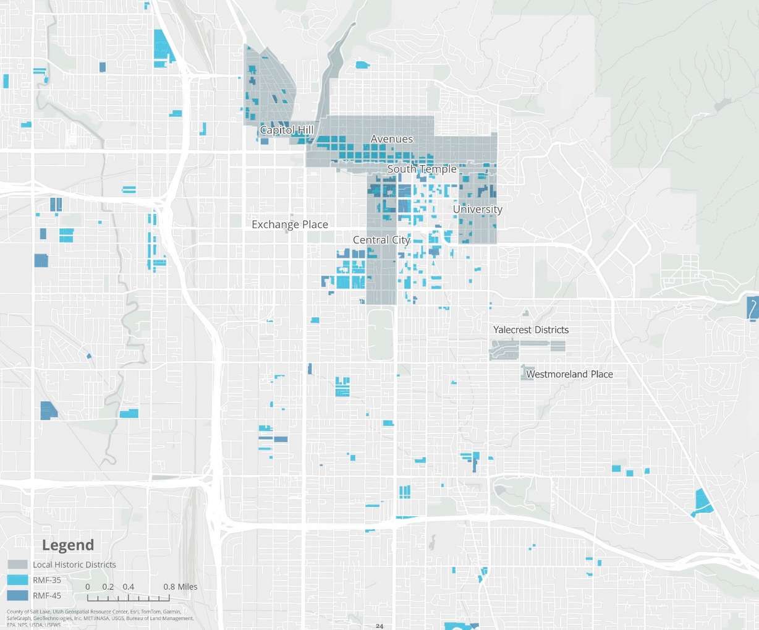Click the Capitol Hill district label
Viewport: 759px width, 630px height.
[286, 130]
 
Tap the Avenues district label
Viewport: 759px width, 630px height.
[391, 139]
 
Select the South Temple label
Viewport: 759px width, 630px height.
[422, 169]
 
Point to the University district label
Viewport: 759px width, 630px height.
[477, 209]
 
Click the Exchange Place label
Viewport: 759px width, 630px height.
[290, 224]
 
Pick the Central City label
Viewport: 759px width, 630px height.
[381, 240]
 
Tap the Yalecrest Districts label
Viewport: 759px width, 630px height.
[530, 330]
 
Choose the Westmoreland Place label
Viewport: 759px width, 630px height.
[569, 374]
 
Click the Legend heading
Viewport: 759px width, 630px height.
[68, 545]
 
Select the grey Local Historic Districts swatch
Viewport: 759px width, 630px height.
[18, 564]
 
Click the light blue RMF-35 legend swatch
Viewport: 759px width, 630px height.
[18, 580]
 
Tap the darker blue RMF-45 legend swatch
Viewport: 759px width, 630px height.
[18, 595]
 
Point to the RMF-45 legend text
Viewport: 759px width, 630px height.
[47, 595]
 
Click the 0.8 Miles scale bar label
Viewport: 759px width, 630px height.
[180, 587]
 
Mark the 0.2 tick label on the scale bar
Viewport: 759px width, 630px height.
[108, 587]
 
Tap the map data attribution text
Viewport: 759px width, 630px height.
[99, 618]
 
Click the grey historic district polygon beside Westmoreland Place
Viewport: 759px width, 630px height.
[527, 373]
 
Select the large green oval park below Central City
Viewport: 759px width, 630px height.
[380, 334]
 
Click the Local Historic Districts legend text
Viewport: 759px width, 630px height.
[74, 564]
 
